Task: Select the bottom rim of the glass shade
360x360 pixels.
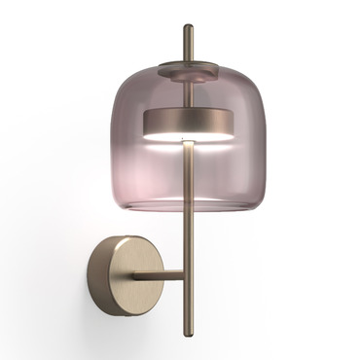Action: (x=189, y=207)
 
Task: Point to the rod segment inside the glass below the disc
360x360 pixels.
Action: (x=189, y=170)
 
